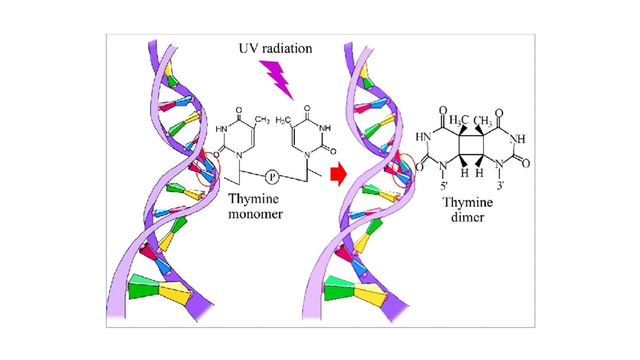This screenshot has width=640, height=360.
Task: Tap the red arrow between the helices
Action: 338,174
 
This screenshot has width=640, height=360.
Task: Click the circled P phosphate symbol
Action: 272,177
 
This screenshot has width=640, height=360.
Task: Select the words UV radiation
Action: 275,49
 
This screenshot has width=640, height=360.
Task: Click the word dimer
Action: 467,217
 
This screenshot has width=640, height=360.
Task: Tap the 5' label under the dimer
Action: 443,186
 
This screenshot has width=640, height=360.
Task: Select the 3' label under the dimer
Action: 499,185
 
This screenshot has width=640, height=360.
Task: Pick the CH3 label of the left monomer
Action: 262,119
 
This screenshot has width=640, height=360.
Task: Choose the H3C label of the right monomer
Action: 283,120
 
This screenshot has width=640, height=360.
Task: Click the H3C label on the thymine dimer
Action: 458,119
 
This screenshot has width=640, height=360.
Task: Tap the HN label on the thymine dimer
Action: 423,137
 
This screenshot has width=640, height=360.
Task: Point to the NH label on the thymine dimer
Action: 517,139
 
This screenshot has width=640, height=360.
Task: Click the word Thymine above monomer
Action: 253,199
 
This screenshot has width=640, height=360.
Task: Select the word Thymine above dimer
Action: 467,203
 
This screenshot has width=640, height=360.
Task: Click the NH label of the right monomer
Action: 325,128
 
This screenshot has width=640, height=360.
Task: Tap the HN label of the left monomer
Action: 221,129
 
